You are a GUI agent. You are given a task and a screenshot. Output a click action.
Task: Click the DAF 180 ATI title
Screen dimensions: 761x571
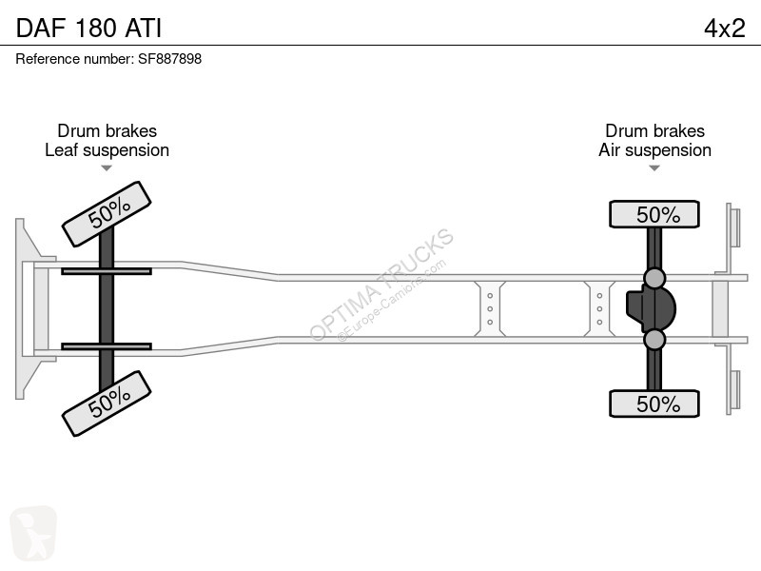coord(88,28)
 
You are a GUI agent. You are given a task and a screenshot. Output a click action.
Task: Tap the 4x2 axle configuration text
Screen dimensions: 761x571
coord(724,29)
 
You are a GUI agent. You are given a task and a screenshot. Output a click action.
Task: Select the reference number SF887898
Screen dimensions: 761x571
coord(170,59)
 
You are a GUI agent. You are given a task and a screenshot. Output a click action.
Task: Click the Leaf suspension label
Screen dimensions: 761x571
coord(107,150)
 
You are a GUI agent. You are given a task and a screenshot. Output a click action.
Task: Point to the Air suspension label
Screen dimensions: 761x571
coord(654,150)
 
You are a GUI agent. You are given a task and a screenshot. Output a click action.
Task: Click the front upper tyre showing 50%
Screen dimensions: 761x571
coord(107,214)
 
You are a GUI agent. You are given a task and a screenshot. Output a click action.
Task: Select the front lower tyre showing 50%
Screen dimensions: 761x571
coord(107,404)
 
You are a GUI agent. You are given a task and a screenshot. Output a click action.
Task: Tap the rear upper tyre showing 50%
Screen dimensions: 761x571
coord(654,214)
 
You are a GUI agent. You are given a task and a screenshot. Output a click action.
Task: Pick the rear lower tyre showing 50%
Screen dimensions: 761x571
coord(654,404)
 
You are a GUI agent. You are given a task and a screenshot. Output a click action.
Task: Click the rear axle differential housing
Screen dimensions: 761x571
coord(651,308)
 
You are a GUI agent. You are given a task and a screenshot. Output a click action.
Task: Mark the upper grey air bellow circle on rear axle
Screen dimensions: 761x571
coord(654,278)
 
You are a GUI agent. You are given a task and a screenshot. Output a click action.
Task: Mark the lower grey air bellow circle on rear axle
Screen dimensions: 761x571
coord(654,340)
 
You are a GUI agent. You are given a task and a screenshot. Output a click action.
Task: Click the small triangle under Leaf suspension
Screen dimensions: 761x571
coord(107,168)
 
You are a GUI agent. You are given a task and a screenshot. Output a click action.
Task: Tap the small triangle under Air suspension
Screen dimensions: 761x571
coord(654,168)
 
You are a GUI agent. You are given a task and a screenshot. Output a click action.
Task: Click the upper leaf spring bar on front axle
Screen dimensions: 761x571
coord(107,271)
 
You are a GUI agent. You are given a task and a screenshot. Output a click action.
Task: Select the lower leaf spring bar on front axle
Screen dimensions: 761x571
coord(107,346)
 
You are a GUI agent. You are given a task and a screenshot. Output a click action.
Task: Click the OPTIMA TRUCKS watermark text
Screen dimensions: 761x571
coord(381,284)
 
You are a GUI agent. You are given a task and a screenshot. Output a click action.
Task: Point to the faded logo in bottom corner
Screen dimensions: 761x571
coord(33,533)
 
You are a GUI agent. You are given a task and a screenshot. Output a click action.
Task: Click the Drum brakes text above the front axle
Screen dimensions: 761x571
coord(107,130)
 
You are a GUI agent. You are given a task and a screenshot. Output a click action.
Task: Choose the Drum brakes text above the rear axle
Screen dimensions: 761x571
coord(654,130)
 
